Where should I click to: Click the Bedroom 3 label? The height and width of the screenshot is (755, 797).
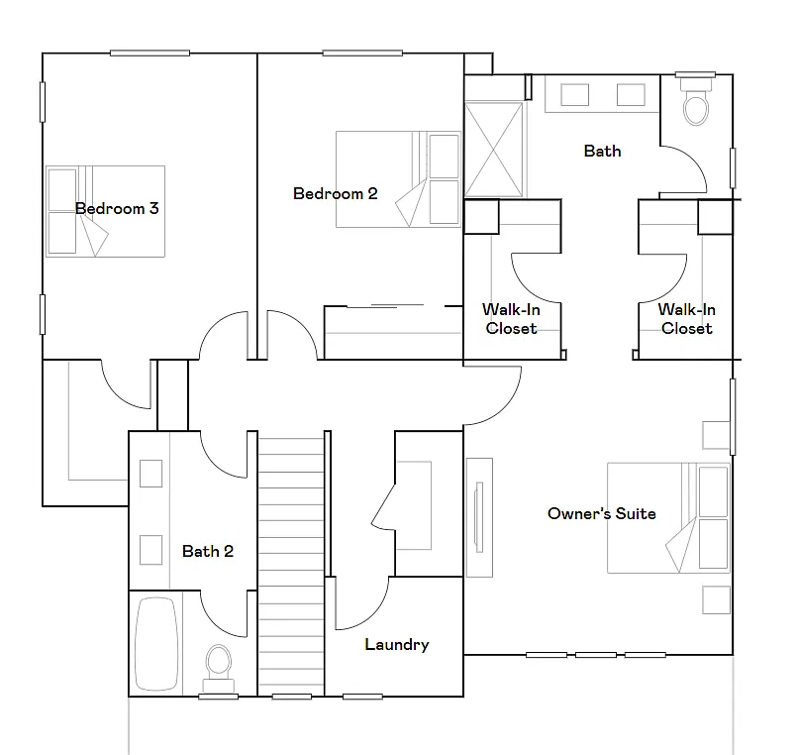point(117,209)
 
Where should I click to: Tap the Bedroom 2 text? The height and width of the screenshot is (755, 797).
point(335,193)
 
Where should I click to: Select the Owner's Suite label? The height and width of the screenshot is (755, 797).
point(601,513)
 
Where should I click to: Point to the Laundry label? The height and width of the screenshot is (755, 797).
point(396,644)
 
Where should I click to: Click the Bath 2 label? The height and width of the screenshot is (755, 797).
point(208,551)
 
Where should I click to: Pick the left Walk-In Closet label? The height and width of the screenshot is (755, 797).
point(511,319)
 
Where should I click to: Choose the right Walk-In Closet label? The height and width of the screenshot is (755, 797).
point(686,319)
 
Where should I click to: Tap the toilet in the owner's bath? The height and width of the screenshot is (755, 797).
point(697,104)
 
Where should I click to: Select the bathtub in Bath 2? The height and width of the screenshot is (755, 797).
point(156,642)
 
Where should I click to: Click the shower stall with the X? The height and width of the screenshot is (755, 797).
point(495,149)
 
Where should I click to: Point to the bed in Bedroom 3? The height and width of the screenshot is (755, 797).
point(104,211)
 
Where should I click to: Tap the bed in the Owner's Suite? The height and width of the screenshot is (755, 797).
point(668,517)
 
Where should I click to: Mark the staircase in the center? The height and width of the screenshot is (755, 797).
point(291,565)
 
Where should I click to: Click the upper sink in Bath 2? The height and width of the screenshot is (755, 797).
point(150,474)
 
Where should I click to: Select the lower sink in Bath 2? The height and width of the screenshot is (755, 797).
point(150,549)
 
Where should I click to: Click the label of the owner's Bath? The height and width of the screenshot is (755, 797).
point(602,151)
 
